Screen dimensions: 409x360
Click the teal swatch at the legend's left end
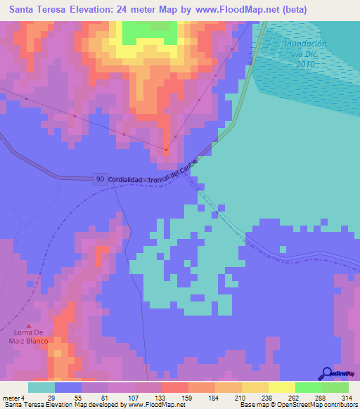tap(41, 387)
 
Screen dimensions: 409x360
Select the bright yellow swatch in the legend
tap(281, 387)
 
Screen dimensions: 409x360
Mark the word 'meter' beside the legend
tap(11, 397)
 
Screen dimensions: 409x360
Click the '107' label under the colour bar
tap(122, 397)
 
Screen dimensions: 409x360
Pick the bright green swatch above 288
tap(308, 387)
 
